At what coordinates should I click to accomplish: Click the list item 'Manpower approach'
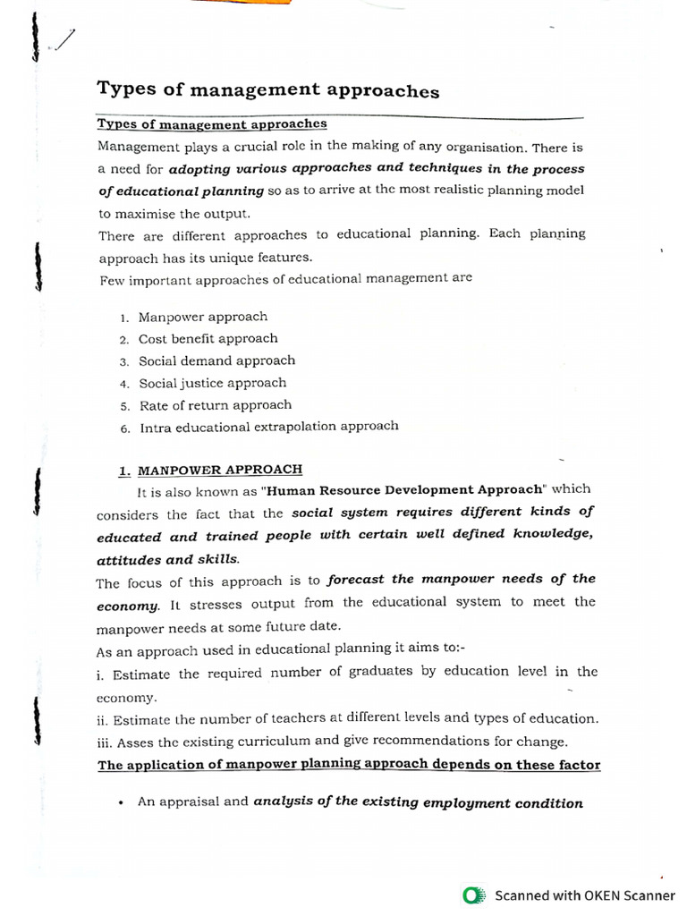(202, 317)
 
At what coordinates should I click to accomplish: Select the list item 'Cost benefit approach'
(208, 339)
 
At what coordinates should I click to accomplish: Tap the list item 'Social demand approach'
(216, 360)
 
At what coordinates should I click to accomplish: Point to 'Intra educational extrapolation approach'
(268, 427)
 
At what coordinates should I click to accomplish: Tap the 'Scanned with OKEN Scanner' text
(585, 895)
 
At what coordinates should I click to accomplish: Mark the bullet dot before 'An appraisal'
(119, 802)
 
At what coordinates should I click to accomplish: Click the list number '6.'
(125, 428)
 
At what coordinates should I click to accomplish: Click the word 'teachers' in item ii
(344, 718)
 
